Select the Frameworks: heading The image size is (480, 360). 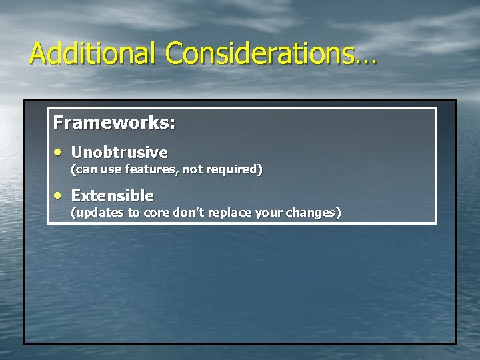coord(114,123)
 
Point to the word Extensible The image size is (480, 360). coord(112,196)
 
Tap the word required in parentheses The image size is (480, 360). coord(232,169)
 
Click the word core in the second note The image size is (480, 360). coord(157,213)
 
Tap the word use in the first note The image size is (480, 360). coord(111,169)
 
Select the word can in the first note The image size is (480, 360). coord(85,169)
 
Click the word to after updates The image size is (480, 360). coord(134,213)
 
